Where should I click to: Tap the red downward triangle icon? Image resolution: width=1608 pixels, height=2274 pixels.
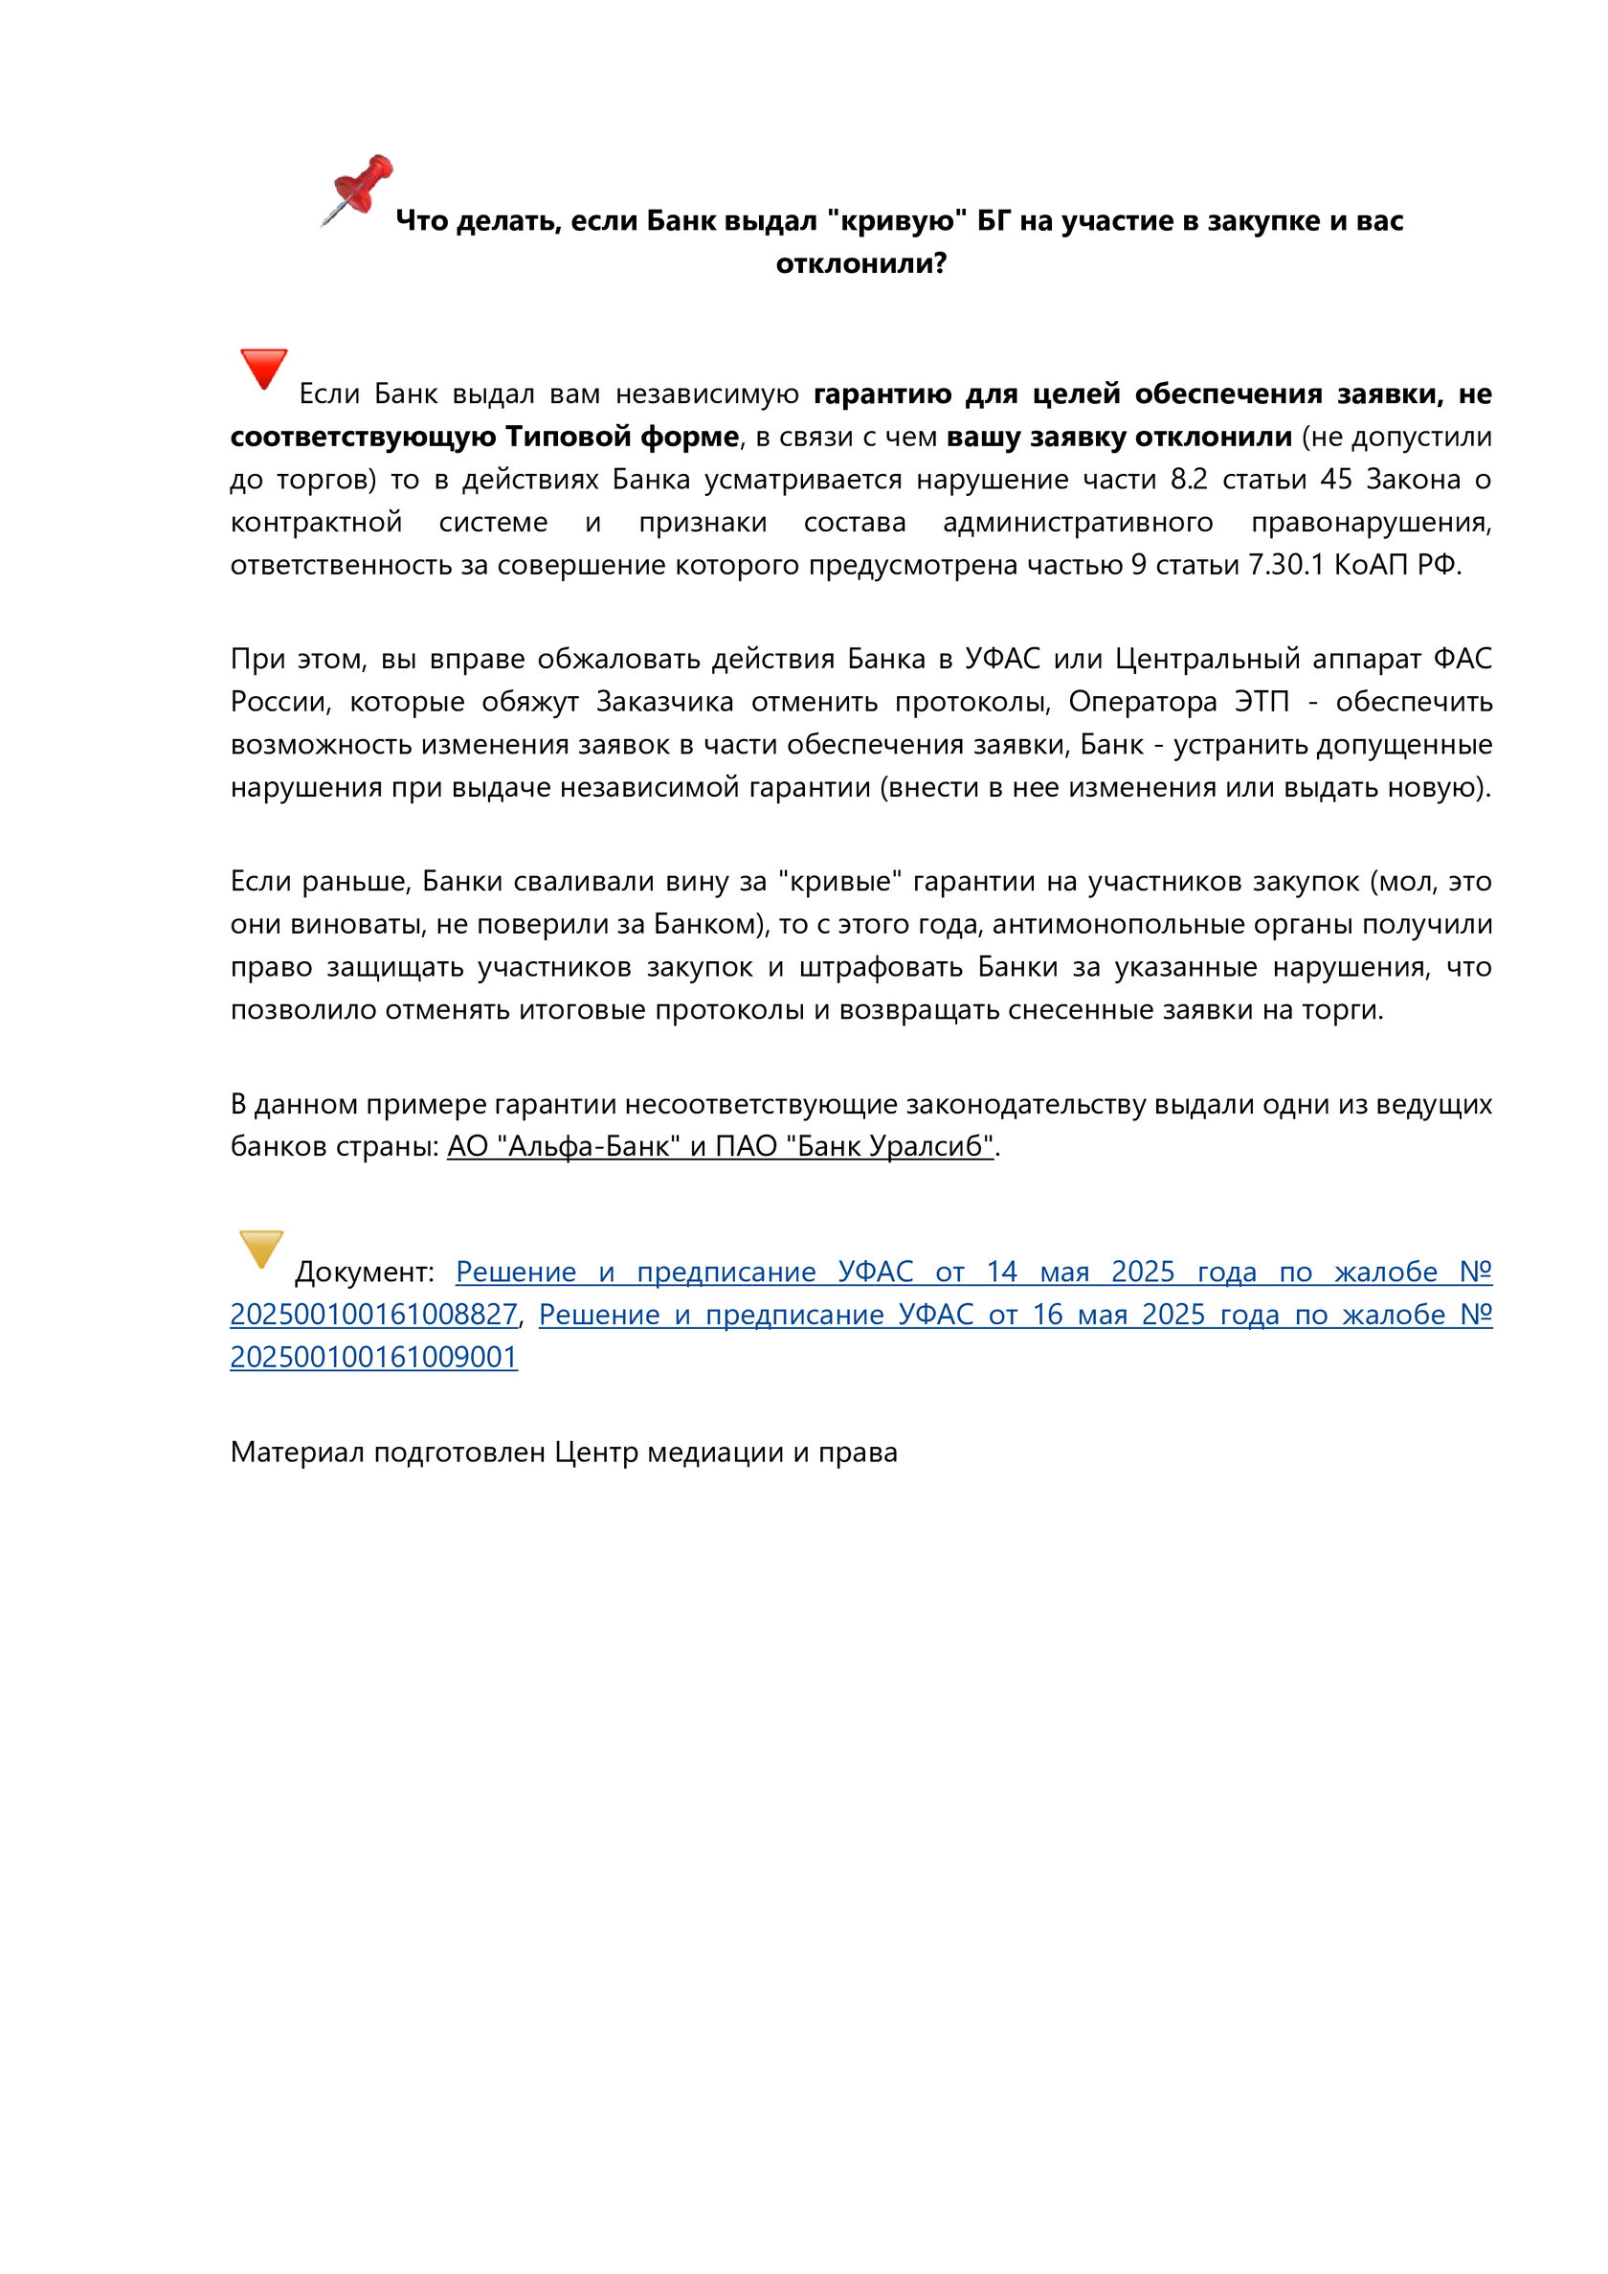pos(263,368)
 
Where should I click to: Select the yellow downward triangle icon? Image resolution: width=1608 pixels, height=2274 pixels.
pos(261,1248)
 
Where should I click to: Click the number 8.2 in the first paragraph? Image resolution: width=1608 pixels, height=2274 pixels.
pos(1188,480)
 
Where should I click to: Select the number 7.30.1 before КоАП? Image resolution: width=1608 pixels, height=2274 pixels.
pos(1285,565)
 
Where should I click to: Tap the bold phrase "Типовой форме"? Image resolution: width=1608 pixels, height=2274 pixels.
pos(622,437)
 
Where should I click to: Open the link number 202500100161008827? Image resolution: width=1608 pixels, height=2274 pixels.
pos(373,1315)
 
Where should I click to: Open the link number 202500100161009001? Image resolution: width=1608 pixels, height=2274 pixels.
pos(373,1357)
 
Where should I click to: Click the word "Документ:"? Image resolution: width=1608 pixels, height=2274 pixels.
pos(365,1272)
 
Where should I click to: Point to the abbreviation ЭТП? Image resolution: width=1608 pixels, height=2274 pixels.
pos(1262,701)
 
